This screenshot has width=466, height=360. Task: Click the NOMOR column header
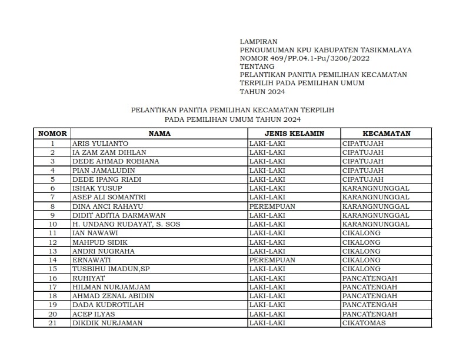click(x=52, y=134)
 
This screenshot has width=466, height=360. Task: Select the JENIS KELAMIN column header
click(x=294, y=134)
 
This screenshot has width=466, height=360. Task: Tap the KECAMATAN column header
click(x=386, y=134)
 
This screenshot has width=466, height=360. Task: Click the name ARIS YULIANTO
click(x=100, y=143)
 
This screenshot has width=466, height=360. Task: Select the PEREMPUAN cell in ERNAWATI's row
click(x=272, y=260)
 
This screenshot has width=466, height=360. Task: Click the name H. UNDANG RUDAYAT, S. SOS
click(x=126, y=224)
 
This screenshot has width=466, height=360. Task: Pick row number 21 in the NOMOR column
click(x=52, y=323)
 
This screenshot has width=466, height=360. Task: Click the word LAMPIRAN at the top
click(x=258, y=42)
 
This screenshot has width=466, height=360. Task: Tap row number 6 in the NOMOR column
click(x=52, y=188)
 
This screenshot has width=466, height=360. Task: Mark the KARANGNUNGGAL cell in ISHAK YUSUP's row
click(x=375, y=188)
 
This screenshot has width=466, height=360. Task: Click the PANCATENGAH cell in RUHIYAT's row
click(x=370, y=278)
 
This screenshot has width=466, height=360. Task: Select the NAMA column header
click(x=159, y=134)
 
